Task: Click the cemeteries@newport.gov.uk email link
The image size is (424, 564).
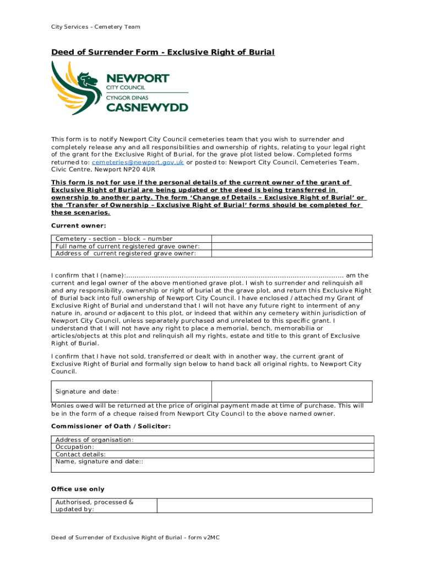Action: pos(138,162)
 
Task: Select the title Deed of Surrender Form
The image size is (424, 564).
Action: pos(162,52)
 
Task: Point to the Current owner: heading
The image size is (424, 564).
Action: pos(79,225)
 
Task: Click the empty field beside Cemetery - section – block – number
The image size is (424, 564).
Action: pos(292,238)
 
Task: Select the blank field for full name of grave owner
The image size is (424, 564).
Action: pos(292,246)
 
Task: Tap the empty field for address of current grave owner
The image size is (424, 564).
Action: pos(292,253)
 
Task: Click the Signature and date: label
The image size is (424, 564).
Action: pos(88,392)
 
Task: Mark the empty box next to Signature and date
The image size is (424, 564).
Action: pos(292,391)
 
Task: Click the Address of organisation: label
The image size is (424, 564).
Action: pos(94,440)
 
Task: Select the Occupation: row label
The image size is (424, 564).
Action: pos(75,447)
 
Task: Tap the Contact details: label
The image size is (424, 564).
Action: pos(80,454)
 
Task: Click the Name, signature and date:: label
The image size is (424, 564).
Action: pos(99,462)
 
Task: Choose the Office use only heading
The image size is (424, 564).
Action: pos(78,489)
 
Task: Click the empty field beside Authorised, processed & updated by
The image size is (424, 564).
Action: pos(264,506)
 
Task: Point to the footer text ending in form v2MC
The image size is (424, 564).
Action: pos(136,537)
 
